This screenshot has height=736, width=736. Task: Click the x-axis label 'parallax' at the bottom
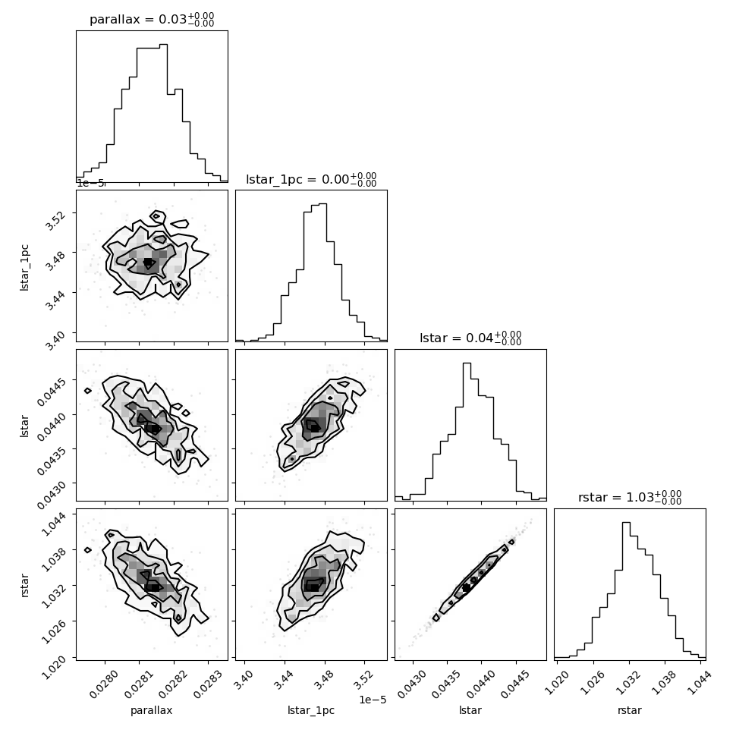[x=152, y=710]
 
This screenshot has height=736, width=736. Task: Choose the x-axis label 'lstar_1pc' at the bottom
[x=311, y=710]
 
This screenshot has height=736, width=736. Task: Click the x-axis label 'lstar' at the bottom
[x=470, y=710]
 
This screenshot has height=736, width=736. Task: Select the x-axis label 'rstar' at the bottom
[x=630, y=710]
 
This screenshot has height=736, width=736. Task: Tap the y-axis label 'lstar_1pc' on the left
[x=24, y=268]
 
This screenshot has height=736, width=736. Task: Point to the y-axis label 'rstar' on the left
[x=24, y=585]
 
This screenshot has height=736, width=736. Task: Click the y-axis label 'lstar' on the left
[x=24, y=426]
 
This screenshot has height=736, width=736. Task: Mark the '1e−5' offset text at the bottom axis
[x=373, y=700]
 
